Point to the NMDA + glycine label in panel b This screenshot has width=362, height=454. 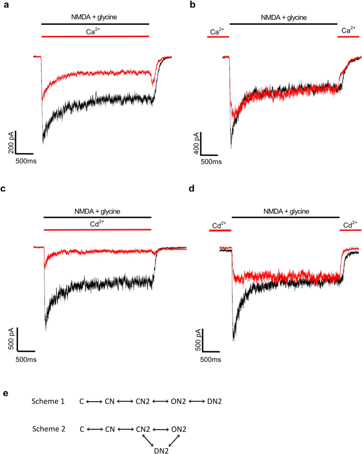tap(283, 18)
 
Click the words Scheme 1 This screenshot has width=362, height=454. tap(48, 402)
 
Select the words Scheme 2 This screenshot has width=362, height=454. tap(48, 429)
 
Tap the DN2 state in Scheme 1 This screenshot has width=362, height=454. tap(214, 402)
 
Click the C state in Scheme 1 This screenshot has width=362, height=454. tap(81, 402)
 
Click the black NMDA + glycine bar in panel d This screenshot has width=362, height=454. tap(285, 218)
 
